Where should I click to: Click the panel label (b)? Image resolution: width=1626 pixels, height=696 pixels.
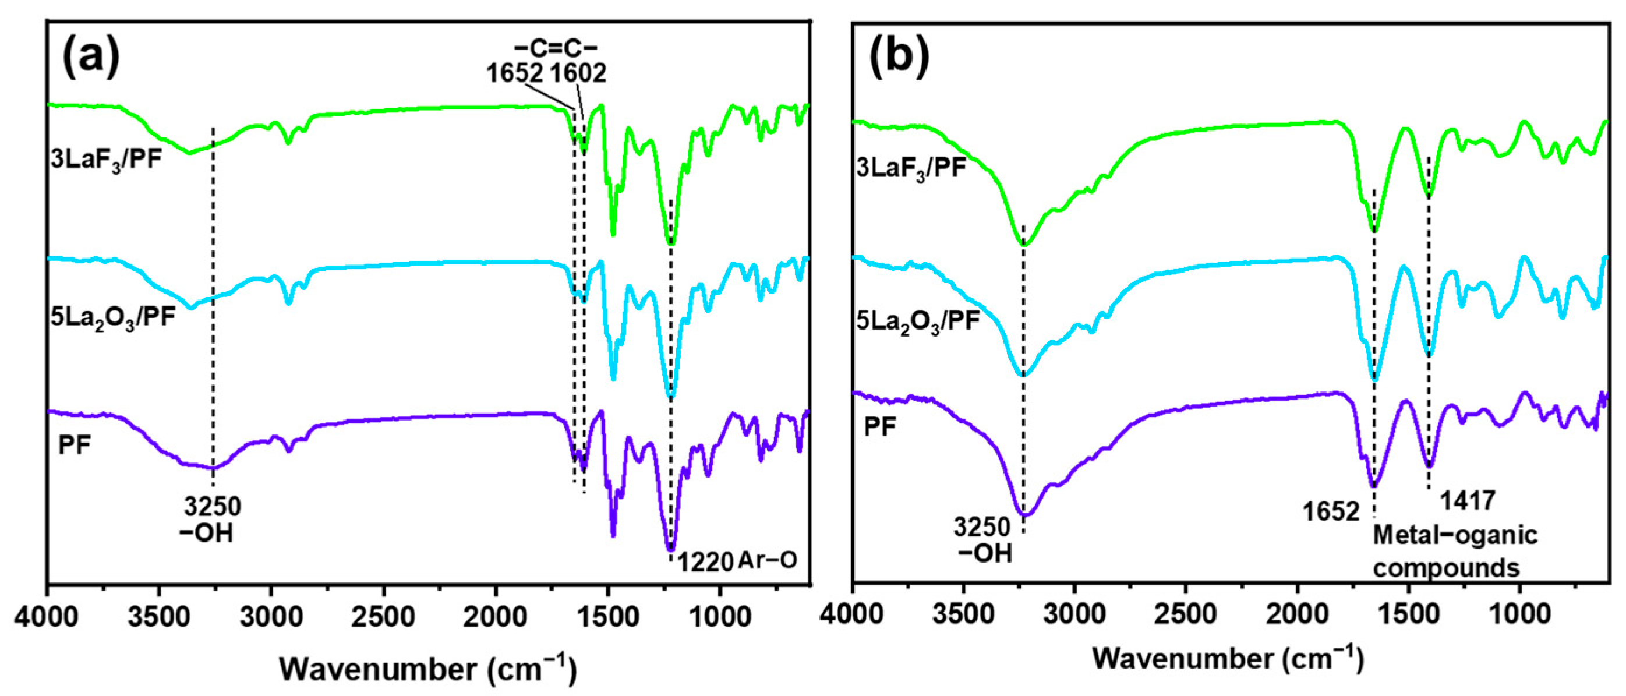898,57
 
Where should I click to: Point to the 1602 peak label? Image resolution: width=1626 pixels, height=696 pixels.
578,73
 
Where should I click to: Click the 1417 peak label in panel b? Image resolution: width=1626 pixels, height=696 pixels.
1468,500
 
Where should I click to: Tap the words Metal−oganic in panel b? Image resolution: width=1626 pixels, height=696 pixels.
1455,535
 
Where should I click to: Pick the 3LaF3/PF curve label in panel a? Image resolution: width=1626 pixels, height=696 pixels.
106,160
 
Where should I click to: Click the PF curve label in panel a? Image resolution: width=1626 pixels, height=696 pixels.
75,446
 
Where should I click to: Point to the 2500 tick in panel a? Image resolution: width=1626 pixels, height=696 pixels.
383,616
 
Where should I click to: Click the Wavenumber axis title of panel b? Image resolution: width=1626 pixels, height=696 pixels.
1228,659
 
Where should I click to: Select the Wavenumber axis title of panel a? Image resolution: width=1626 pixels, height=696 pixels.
428,669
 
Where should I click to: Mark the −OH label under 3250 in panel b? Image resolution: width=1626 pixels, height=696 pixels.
985,553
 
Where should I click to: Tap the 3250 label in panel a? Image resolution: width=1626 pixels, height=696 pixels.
212,506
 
